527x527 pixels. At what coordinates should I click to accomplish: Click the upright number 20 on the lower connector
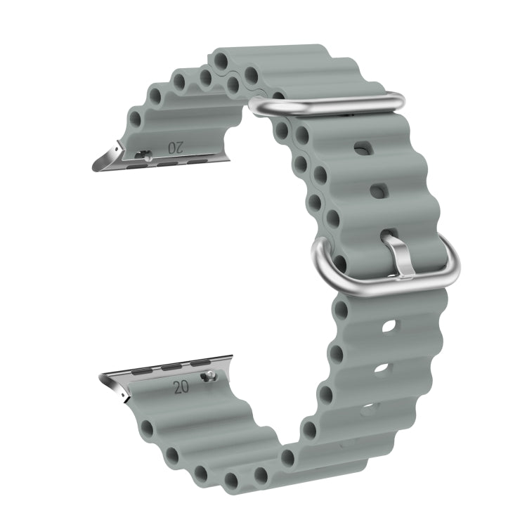[x=181, y=387]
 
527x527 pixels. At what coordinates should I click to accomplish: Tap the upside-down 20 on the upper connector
[x=176, y=148]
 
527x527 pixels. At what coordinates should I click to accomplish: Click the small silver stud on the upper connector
[x=148, y=155]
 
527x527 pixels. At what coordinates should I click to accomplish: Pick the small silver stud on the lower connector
[x=209, y=375]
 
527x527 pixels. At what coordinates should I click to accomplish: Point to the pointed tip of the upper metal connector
[x=93, y=169]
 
